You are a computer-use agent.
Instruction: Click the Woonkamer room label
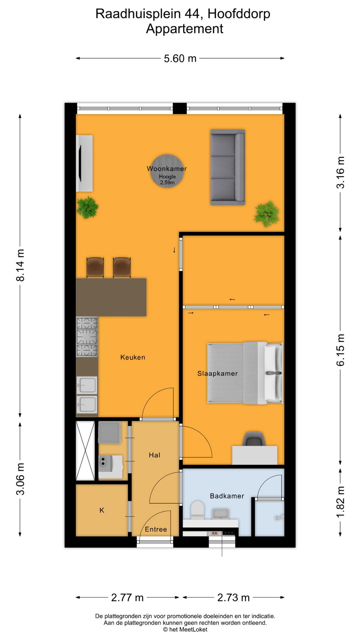click(x=167, y=169)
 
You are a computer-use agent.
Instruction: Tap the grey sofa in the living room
click(x=228, y=167)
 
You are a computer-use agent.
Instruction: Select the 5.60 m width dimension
click(x=180, y=58)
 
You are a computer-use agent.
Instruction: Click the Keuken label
click(x=133, y=357)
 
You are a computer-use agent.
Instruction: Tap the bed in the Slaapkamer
click(x=245, y=373)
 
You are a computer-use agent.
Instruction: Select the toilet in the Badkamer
click(x=197, y=510)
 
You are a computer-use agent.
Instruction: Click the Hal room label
click(x=154, y=455)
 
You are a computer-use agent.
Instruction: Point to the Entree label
click(x=156, y=529)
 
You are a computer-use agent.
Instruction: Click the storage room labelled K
click(x=102, y=510)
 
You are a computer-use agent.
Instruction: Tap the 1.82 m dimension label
click(x=340, y=502)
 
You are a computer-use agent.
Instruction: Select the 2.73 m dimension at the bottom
click(x=233, y=598)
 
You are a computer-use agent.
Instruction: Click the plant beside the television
click(x=87, y=207)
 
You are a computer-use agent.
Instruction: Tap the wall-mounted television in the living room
click(x=80, y=163)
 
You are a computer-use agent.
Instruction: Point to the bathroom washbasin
click(x=220, y=513)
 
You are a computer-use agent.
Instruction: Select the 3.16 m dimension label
click(x=340, y=172)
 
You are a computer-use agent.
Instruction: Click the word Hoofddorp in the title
click(x=239, y=14)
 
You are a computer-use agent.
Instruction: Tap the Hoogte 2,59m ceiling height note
click(x=167, y=179)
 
